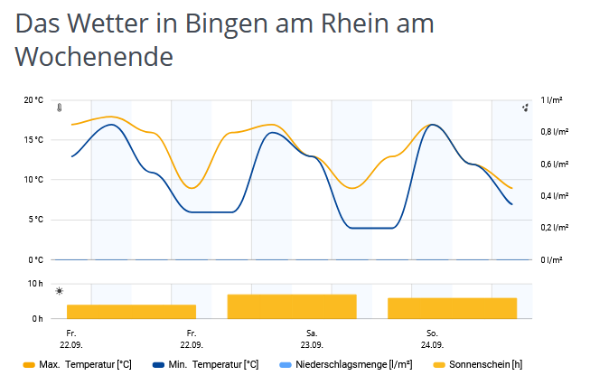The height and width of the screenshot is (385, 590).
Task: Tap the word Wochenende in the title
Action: [94, 58]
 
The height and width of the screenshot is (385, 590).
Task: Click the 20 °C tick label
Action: [33, 100]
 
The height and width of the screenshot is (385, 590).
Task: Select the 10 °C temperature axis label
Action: [33, 180]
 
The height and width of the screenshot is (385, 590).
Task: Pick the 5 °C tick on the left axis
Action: [34, 220]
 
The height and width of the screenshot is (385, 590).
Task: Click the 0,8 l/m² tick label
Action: [554, 132]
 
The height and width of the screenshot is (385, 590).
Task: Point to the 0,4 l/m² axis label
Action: [554, 196]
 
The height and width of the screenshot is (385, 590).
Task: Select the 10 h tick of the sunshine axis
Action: [36, 284]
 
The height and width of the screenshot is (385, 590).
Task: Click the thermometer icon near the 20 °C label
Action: [59, 108]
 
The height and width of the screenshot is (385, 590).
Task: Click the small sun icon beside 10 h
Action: [60, 291]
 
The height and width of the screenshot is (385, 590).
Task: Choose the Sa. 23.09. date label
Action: [312, 339]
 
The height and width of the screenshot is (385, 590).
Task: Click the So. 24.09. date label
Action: [432, 339]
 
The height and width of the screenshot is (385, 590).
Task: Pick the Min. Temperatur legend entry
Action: [212, 365]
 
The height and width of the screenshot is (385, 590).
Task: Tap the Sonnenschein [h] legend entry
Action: [483, 365]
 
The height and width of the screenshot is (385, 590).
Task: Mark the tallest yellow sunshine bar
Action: [292, 306]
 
